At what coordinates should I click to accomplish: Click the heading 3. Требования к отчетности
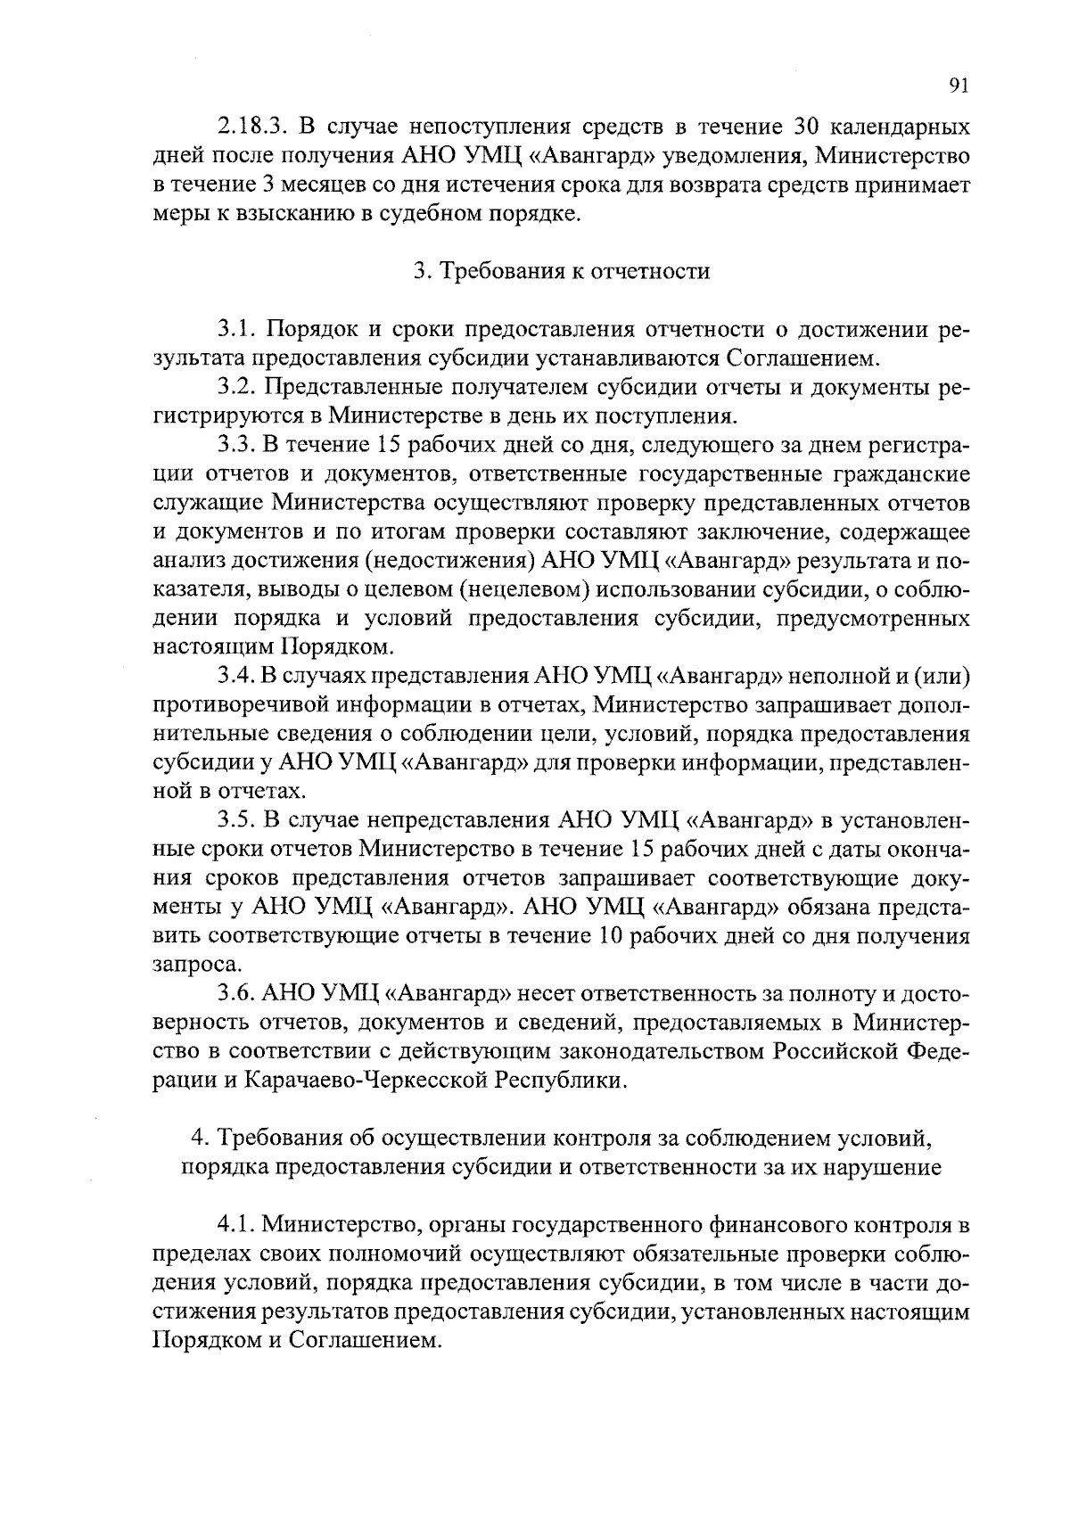pyautogui.click(x=562, y=271)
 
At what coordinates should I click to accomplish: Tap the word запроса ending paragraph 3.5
pyautogui.click(x=185, y=964)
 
